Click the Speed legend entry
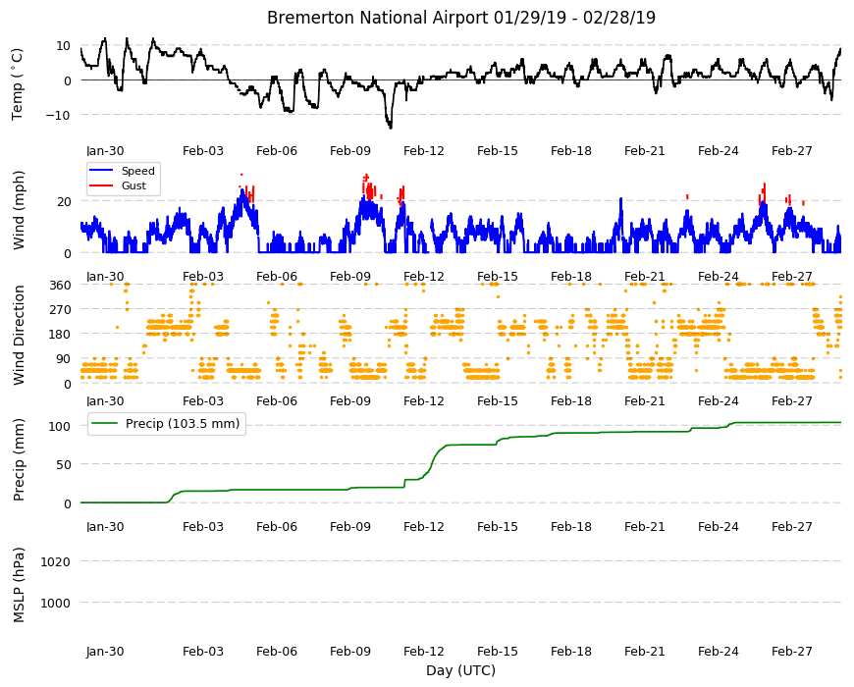pyautogui.click(x=137, y=171)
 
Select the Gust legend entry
pyautogui.click(x=133, y=185)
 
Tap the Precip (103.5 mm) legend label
pyautogui.click(x=183, y=424)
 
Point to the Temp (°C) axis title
pyautogui.click(x=18, y=84)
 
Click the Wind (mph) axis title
pyautogui.click(x=19, y=210)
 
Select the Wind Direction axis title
pyautogui.click(x=19, y=335)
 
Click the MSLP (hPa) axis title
pyautogui.click(x=19, y=584)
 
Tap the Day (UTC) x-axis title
pyautogui.click(x=460, y=670)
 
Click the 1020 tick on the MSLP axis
pyautogui.click(x=56, y=561)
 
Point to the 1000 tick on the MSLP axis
pyautogui.click(x=56, y=604)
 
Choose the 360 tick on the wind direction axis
pyautogui.click(x=60, y=285)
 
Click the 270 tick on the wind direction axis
pyautogui.click(x=60, y=310)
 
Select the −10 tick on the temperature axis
pyautogui.click(x=58, y=115)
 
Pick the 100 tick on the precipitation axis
pyautogui.click(x=60, y=426)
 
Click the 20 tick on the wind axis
pyautogui.click(x=64, y=202)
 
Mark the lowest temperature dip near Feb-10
pyautogui.click(x=390, y=128)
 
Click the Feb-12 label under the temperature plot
pyautogui.click(x=424, y=151)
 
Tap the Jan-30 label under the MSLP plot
pyautogui.click(x=105, y=651)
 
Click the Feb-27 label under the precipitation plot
pyautogui.click(x=792, y=526)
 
